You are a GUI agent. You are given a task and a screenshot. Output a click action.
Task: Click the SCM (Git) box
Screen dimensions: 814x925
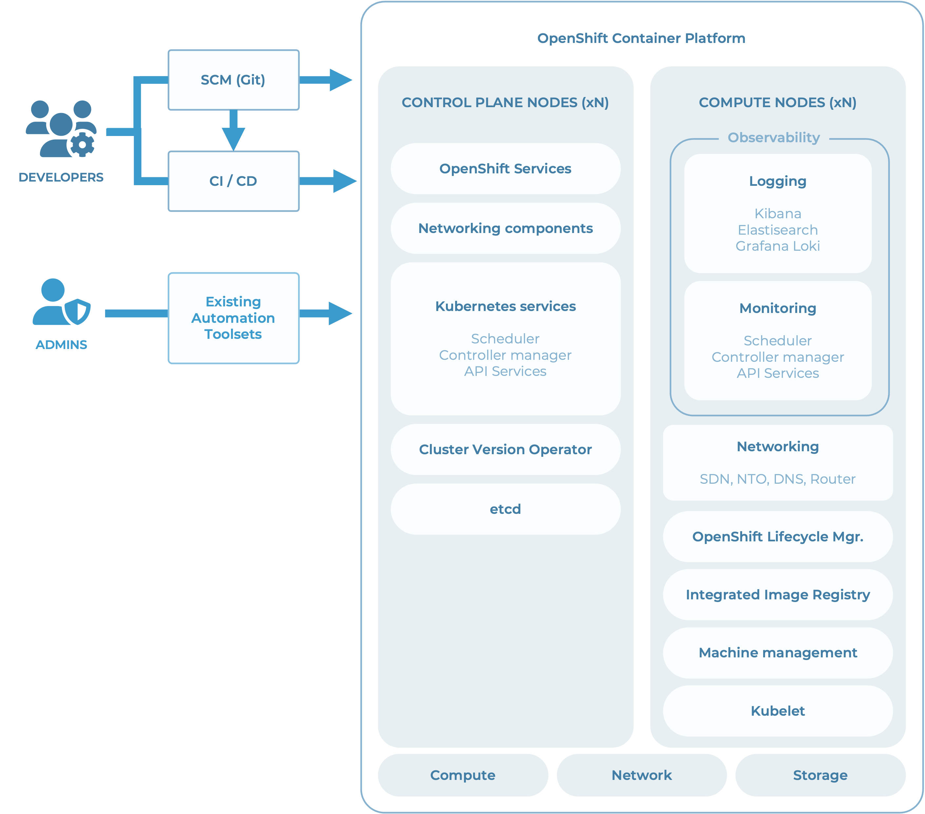(x=233, y=80)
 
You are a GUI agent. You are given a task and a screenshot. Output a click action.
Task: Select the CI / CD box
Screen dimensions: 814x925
(x=233, y=181)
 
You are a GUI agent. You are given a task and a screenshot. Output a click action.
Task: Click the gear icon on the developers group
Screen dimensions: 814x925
(x=82, y=145)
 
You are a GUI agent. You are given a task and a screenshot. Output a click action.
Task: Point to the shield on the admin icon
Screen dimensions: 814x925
(x=78, y=311)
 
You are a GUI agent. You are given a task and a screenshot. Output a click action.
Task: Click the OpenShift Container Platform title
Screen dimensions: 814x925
(x=641, y=38)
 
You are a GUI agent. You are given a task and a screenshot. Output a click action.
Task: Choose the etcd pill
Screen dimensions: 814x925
(x=505, y=509)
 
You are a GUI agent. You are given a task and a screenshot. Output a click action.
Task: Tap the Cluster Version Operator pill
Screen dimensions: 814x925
(x=505, y=449)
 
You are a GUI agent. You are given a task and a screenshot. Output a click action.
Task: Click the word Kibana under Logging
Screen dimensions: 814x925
(x=778, y=214)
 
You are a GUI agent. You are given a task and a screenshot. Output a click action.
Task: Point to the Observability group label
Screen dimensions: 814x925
(x=773, y=138)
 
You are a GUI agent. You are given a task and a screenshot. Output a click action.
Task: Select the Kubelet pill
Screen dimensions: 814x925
(x=778, y=711)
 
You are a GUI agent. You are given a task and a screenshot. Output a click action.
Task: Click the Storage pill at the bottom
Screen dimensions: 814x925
(x=820, y=775)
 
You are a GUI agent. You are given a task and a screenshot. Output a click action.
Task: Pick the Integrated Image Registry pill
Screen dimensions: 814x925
(x=778, y=594)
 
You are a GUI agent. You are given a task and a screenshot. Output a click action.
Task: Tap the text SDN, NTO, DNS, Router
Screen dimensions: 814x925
(x=778, y=479)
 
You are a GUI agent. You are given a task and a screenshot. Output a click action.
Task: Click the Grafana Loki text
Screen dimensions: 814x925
(x=778, y=246)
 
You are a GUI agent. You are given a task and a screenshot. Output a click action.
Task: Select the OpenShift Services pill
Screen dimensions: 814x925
(x=505, y=169)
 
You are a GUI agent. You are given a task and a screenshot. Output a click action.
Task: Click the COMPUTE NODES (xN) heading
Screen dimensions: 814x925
(x=778, y=103)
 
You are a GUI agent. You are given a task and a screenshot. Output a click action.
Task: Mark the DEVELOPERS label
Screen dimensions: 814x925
(x=61, y=177)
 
